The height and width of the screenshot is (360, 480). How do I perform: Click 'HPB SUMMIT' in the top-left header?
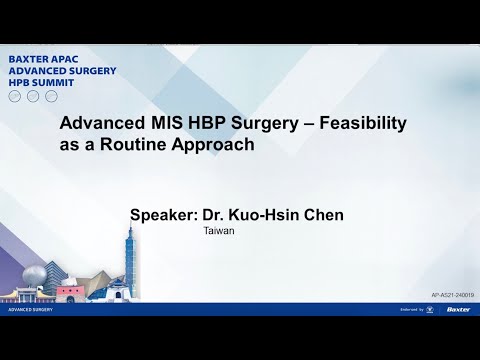(x=42, y=83)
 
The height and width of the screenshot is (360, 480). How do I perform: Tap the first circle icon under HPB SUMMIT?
(x=14, y=96)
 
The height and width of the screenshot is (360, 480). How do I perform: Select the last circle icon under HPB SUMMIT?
(x=49, y=96)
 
